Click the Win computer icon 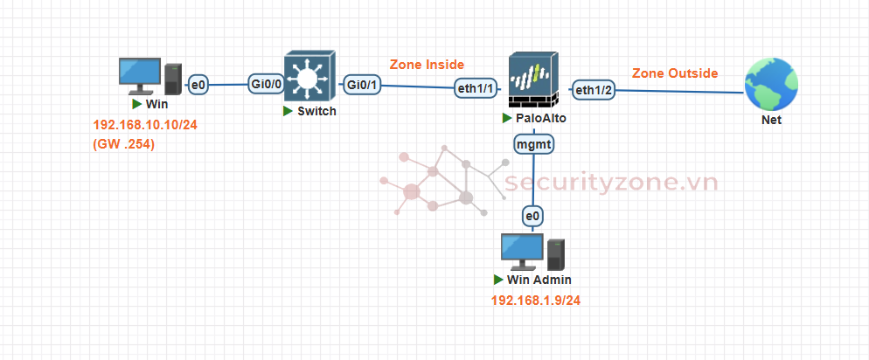(148, 76)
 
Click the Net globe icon (770, 85)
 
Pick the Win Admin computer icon (530, 252)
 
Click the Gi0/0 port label (267, 84)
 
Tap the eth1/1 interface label (476, 87)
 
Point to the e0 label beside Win (198, 84)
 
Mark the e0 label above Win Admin (532, 215)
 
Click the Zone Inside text (427, 65)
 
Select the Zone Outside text (674, 73)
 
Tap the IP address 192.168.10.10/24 (145, 126)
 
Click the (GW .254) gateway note (123, 144)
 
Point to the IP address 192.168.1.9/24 (536, 301)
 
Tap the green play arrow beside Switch (287, 111)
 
